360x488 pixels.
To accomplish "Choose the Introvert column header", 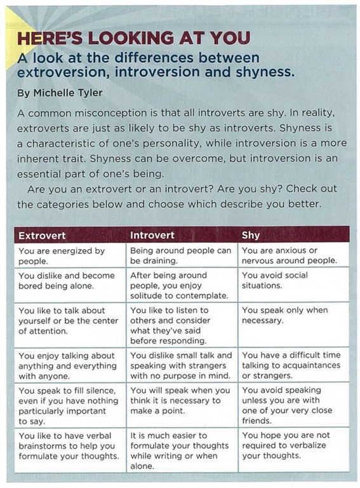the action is (152, 235).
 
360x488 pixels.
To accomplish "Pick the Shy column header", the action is (251, 235).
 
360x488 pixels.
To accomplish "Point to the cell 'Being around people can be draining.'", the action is (180, 255).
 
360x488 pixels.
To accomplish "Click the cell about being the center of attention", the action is (69, 320).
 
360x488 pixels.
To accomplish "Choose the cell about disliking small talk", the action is (181, 365).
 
